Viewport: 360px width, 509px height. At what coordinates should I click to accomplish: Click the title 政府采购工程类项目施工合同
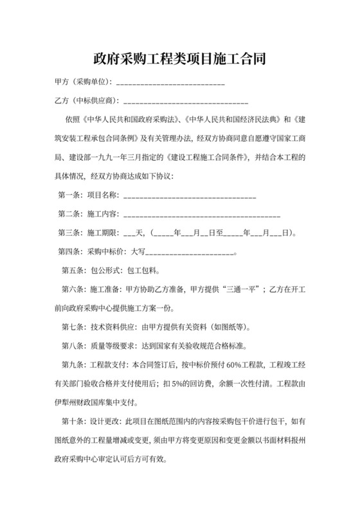pos(179,59)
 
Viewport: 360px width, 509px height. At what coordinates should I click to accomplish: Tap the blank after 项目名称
pos(190,196)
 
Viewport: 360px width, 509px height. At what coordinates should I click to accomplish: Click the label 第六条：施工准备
pos(89,289)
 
